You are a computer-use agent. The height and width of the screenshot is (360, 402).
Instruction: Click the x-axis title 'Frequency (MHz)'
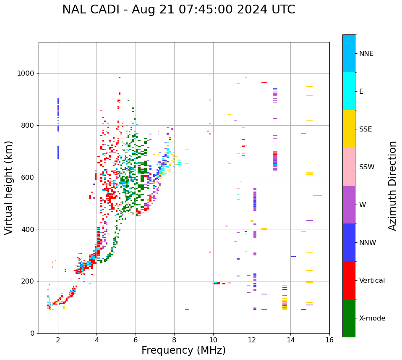(x=183, y=350)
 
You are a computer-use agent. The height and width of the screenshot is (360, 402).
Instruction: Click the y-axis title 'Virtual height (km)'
(x=9, y=188)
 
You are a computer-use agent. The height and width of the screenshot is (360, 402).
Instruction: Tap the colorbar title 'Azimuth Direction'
(x=392, y=186)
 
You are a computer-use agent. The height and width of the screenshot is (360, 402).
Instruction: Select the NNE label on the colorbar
(x=366, y=54)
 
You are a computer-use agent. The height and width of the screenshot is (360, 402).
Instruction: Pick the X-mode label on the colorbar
(x=372, y=318)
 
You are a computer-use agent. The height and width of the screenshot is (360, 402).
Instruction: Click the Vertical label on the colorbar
(x=372, y=281)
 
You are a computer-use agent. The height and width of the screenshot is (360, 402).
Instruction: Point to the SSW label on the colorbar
(x=367, y=167)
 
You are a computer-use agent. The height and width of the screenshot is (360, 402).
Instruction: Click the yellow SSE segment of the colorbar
(x=349, y=129)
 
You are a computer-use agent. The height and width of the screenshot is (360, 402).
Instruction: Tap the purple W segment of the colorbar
(x=349, y=205)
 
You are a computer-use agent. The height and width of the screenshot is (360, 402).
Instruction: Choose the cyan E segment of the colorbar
(x=349, y=91)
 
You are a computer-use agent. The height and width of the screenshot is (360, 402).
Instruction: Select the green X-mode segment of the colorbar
(x=349, y=318)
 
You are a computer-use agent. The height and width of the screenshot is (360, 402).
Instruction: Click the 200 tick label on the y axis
(x=29, y=281)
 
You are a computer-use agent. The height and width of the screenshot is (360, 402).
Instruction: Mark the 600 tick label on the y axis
(x=29, y=177)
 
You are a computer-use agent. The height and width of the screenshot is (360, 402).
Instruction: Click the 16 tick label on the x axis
(x=329, y=339)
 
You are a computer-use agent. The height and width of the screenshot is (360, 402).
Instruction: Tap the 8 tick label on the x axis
(x=174, y=339)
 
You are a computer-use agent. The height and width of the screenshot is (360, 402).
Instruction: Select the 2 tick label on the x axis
(x=58, y=339)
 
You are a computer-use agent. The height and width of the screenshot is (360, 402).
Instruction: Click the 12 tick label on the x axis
(x=252, y=339)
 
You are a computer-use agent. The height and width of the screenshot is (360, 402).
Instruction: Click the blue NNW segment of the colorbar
(x=349, y=242)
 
